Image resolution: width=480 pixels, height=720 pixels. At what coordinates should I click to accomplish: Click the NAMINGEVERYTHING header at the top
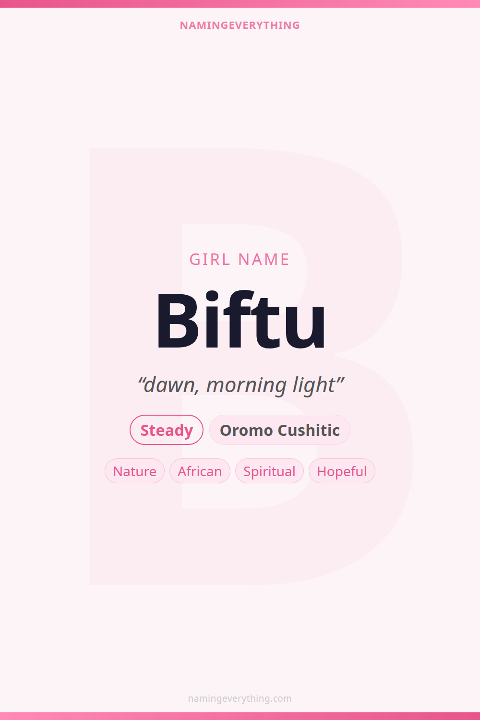tap(240, 25)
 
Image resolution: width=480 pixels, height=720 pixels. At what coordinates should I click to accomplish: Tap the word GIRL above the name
tap(210, 259)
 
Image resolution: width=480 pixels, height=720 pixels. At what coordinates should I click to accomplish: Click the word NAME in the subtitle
tap(264, 259)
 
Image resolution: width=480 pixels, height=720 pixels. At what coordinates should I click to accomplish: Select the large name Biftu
tap(240, 319)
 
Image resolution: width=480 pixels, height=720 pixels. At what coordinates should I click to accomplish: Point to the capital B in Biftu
tap(177, 320)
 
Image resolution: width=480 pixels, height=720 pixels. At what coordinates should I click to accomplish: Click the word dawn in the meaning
tap(169, 385)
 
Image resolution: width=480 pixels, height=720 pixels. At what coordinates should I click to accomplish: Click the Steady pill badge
tap(167, 430)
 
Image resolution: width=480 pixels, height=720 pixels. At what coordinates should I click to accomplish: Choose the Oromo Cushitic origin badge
tap(280, 430)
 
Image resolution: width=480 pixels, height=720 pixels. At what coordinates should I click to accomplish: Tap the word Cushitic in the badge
tap(309, 430)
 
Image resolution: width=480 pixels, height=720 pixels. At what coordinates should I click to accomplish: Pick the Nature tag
tap(135, 471)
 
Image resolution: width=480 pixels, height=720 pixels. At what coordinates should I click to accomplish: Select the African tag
tap(200, 471)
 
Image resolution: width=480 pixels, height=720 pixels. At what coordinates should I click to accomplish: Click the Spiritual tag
tap(269, 471)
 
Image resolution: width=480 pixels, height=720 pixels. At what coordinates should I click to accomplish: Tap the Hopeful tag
tap(342, 471)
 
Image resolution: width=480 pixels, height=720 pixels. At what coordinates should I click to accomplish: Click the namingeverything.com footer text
tap(240, 698)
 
